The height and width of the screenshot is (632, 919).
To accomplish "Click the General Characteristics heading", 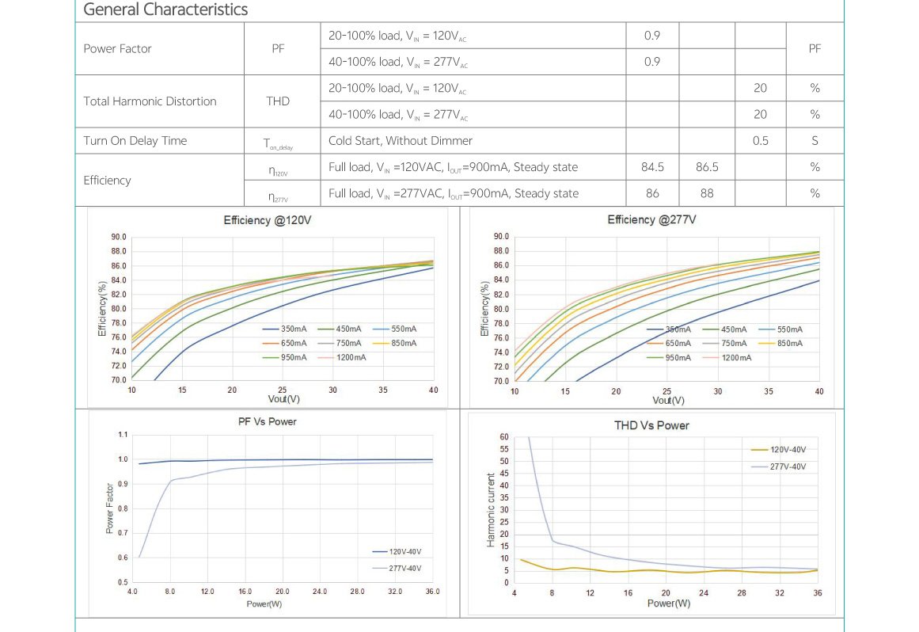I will coord(165,10).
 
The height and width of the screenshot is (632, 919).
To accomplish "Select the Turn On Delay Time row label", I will coord(135,141).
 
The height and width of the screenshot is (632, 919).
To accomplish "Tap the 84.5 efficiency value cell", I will coord(652,167).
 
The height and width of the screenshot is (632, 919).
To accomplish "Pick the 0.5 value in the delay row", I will coord(760,141).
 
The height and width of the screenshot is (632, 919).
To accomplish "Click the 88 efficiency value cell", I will coord(706,193).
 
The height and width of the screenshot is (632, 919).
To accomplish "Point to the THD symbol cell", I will coord(278,101).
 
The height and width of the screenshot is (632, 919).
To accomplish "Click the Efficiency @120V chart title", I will coord(268,220).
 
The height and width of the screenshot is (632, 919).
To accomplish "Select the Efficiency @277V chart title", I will coord(651,219).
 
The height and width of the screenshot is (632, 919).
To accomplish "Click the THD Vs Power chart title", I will coord(651,425).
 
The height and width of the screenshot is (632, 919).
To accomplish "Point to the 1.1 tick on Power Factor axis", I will coord(122,435).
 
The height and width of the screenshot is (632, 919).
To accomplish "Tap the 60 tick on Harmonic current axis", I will coord(504,437).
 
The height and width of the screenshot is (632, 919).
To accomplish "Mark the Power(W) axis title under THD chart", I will coord(669,603).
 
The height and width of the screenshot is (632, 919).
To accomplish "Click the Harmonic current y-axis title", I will coord(491,510).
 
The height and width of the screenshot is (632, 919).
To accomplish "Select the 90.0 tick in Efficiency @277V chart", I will coord(500,236).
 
